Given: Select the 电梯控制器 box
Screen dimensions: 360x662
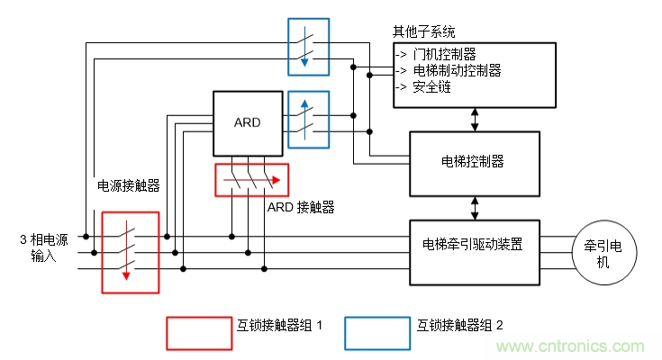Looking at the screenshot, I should (x=474, y=163).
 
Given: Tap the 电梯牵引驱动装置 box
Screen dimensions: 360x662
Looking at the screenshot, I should (x=474, y=245).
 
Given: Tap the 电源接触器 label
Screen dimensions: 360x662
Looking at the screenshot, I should (x=128, y=185).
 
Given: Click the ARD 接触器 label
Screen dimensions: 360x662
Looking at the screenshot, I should (x=302, y=207).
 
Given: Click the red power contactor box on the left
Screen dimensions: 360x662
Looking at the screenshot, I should (x=131, y=253).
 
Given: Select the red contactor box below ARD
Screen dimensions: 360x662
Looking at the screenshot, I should (x=251, y=179).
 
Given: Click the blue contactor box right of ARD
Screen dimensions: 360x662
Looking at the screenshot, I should (x=308, y=119).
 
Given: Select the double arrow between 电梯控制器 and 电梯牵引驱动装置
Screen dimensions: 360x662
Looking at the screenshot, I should (x=475, y=207).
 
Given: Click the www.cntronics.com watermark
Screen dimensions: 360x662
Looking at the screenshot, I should (x=572, y=346).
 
